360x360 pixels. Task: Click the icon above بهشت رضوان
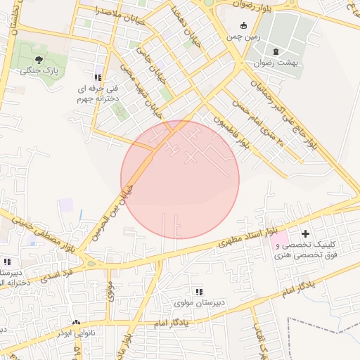pos(276,51)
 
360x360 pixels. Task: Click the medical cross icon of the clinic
pos(304,233)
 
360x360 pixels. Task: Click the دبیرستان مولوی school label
pos(199,303)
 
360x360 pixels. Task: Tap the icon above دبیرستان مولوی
pos(199,291)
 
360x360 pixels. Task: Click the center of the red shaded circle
pos(180,179)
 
